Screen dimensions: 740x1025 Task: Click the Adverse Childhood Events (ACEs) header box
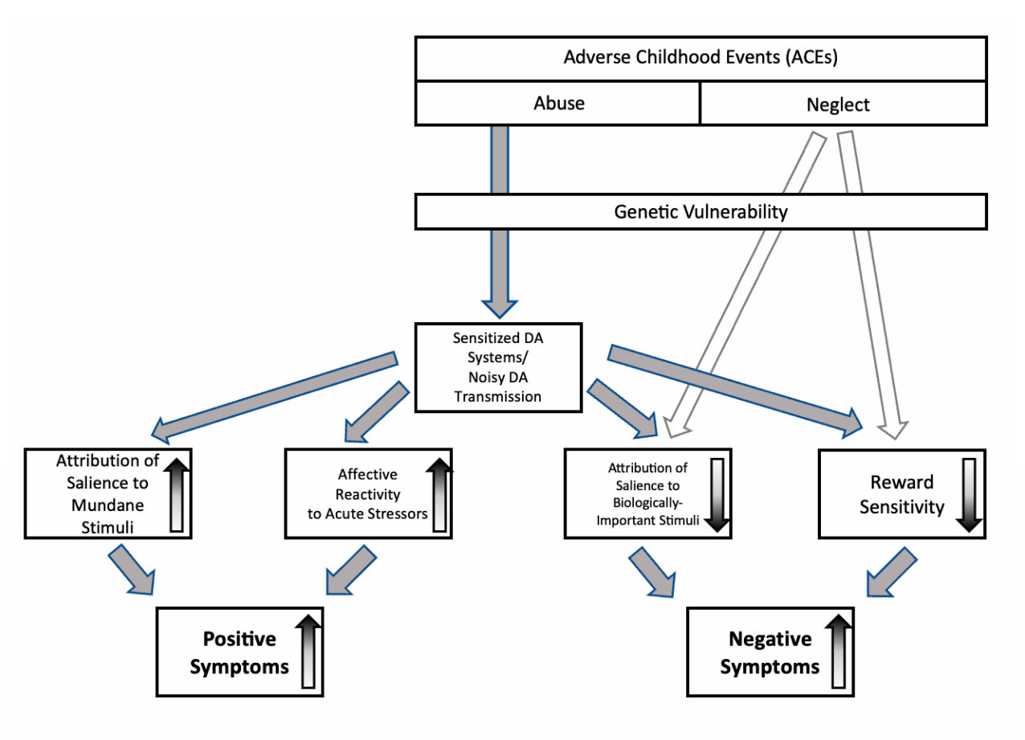pos(700,58)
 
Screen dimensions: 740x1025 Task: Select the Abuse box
pos(559,103)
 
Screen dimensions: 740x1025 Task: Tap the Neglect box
pos(838,104)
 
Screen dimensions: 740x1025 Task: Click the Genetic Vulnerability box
pos(700,212)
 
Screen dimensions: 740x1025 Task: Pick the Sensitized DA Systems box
pos(497,367)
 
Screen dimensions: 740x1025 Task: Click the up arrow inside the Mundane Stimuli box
pos(177,495)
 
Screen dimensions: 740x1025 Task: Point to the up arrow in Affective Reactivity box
pos(439,495)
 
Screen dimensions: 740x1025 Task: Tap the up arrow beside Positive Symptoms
pos(308,651)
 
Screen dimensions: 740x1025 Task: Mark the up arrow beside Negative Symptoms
pos(839,651)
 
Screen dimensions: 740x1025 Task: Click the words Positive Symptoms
pos(239,652)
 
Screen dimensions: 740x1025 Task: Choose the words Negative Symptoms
pos(770,652)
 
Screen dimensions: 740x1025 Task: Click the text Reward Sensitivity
pos(902,495)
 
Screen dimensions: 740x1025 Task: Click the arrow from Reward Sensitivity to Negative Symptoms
pos(890,572)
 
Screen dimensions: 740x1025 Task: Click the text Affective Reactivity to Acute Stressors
pos(367,494)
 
